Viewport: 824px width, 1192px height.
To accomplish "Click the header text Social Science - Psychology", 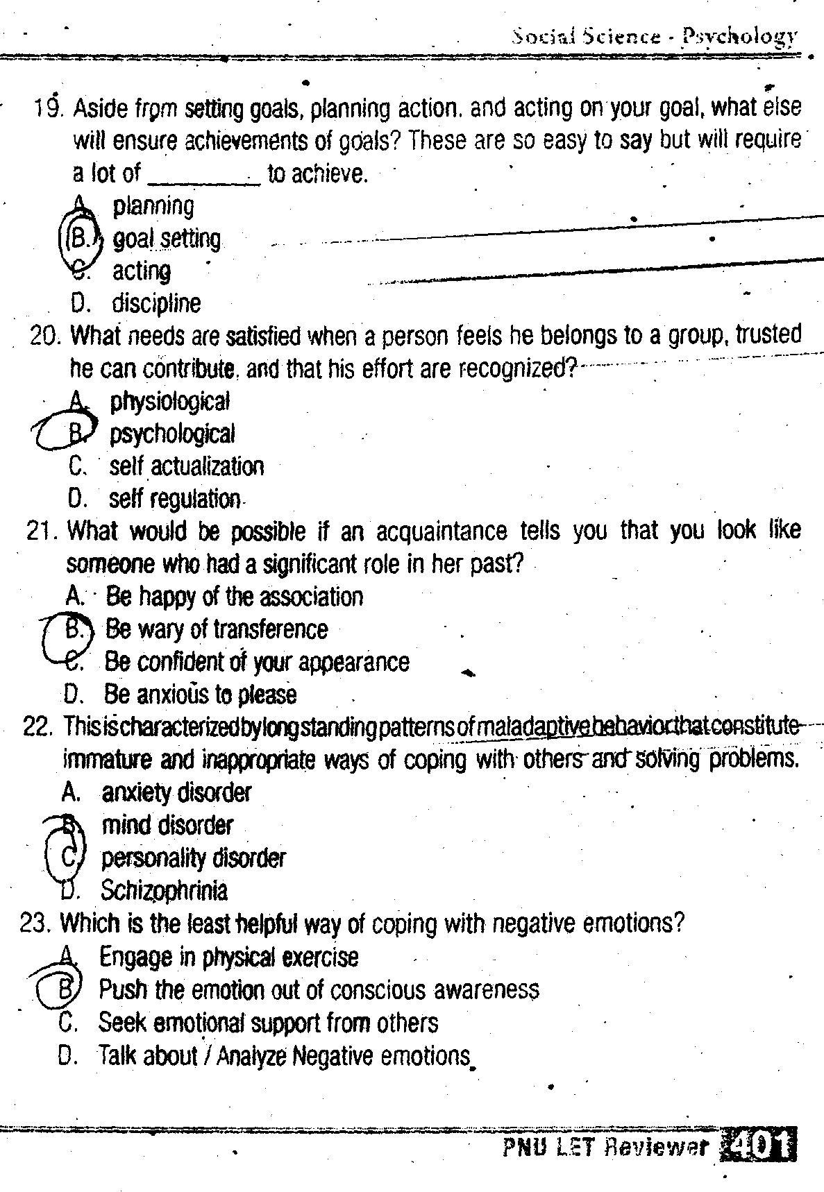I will pos(653,36).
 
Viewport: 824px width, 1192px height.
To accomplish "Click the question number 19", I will pos(49,108).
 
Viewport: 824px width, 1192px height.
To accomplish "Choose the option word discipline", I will pos(156,303).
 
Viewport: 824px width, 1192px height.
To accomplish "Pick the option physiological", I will pos(169,401).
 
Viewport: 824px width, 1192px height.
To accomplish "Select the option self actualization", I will pos(186,466).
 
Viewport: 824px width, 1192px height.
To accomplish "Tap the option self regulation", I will pos(174,499).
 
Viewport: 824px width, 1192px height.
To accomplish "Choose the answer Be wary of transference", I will pos(216,629).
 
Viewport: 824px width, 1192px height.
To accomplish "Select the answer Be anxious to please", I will pos(200,695).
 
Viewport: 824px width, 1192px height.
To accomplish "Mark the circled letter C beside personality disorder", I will pos(68,858).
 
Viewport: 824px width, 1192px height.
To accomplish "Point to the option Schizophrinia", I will pos(164,890).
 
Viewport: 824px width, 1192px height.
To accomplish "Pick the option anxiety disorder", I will pos(176,792).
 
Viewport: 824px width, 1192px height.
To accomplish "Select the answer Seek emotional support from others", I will pos(268,1023).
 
